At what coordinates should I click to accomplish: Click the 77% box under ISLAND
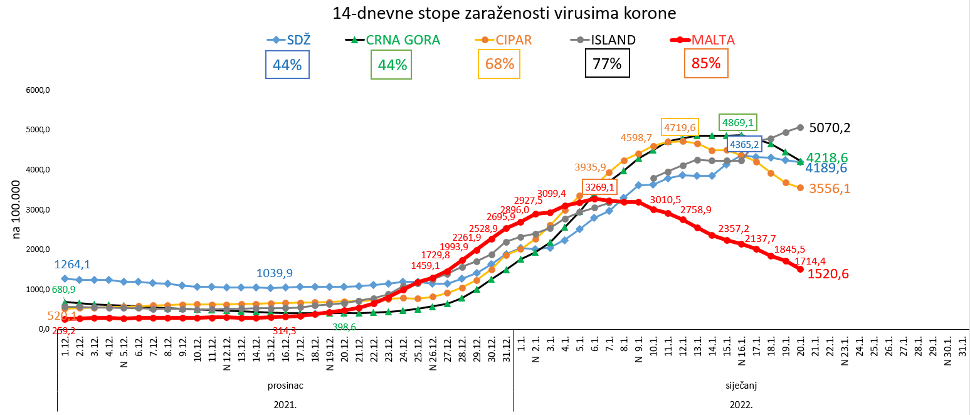[x=607, y=63]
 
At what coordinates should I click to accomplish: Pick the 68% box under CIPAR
[x=500, y=63]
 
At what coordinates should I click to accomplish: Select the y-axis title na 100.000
[x=16, y=210]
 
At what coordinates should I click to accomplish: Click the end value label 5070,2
[x=830, y=128]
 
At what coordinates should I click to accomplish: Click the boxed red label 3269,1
[x=599, y=187]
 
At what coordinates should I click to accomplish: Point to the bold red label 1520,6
[x=830, y=273]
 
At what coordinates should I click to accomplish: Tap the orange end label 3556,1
[x=830, y=189]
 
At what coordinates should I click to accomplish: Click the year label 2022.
[x=741, y=404]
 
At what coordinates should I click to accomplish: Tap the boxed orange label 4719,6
[x=680, y=127]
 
